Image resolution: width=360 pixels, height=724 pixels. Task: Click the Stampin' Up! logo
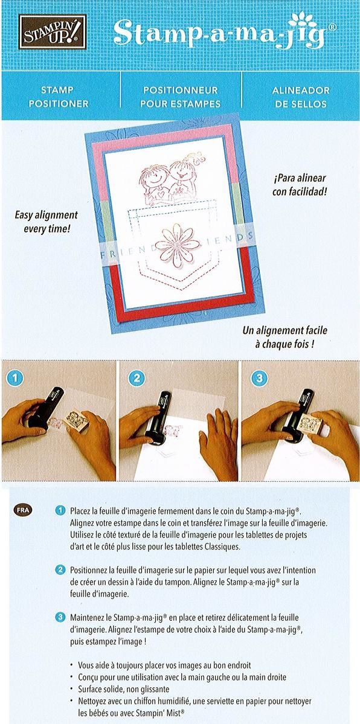[53, 31]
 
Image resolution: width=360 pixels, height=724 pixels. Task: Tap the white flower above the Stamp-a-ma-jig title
[303, 19]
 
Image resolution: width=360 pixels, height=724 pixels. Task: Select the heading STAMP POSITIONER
[57, 97]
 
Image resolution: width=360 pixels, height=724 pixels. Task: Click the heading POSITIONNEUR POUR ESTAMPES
[180, 97]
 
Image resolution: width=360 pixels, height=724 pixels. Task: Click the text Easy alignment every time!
[47, 222]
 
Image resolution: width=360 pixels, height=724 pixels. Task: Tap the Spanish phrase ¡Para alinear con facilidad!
[300, 185]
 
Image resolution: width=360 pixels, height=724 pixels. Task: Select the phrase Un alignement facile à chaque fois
[284, 337]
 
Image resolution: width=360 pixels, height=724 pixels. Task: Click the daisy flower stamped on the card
[178, 245]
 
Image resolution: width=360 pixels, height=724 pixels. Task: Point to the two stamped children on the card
[170, 180]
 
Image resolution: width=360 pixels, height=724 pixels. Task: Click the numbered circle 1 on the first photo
[15, 379]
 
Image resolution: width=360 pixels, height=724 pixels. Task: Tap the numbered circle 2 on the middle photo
[137, 379]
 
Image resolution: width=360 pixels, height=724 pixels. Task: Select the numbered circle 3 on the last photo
[259, 379]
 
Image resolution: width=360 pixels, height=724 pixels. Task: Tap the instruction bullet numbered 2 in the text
[60, 570]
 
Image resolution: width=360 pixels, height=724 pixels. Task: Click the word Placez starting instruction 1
[80, 511]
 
